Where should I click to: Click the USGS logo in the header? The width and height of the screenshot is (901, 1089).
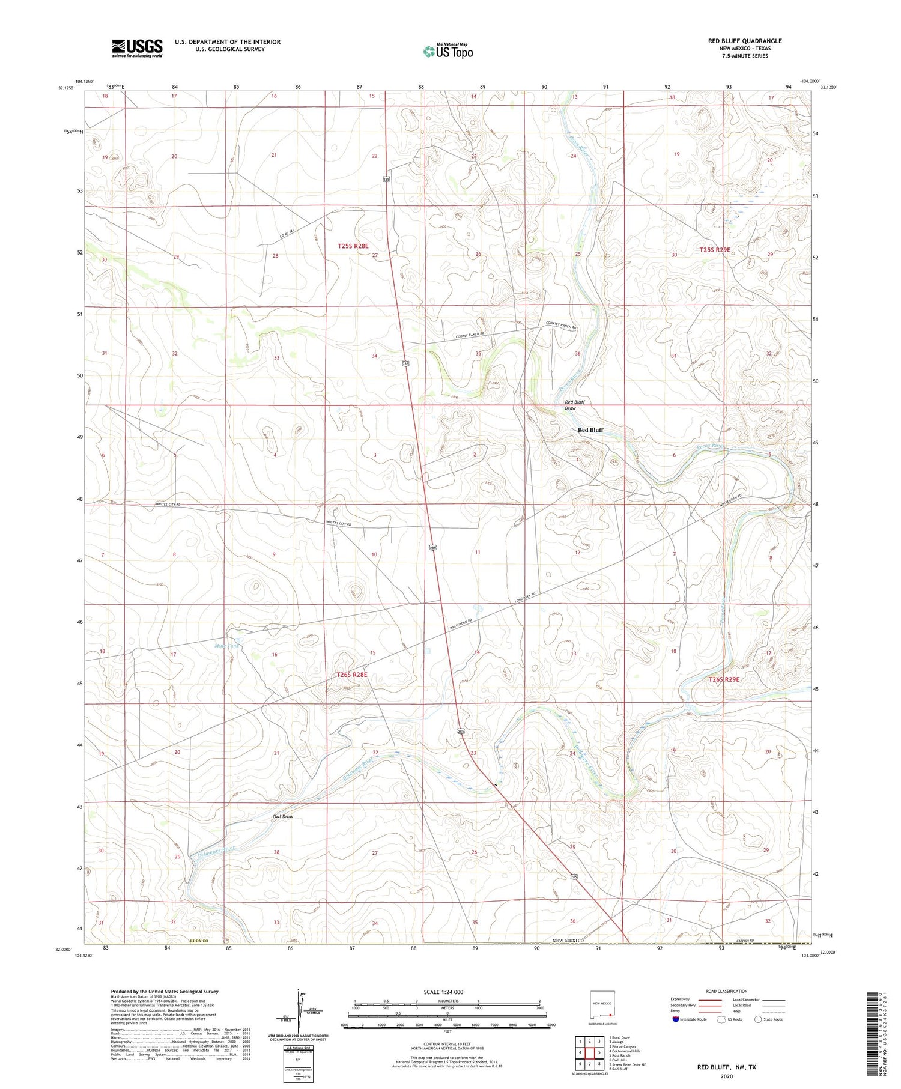[137, 48]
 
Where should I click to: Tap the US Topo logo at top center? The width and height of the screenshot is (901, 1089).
[448, 51]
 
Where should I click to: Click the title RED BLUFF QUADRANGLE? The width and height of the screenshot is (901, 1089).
[745, 41]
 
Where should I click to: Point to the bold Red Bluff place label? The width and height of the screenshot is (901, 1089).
[590, 430]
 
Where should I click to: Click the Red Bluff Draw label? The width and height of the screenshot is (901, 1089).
[574, 405]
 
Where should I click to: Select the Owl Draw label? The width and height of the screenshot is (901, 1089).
[283, 817]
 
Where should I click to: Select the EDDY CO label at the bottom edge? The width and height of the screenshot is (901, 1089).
[200, 941]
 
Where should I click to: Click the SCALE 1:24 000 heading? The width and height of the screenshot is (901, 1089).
[443, 992]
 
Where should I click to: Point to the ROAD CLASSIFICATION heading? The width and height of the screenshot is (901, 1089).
[727, 991]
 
